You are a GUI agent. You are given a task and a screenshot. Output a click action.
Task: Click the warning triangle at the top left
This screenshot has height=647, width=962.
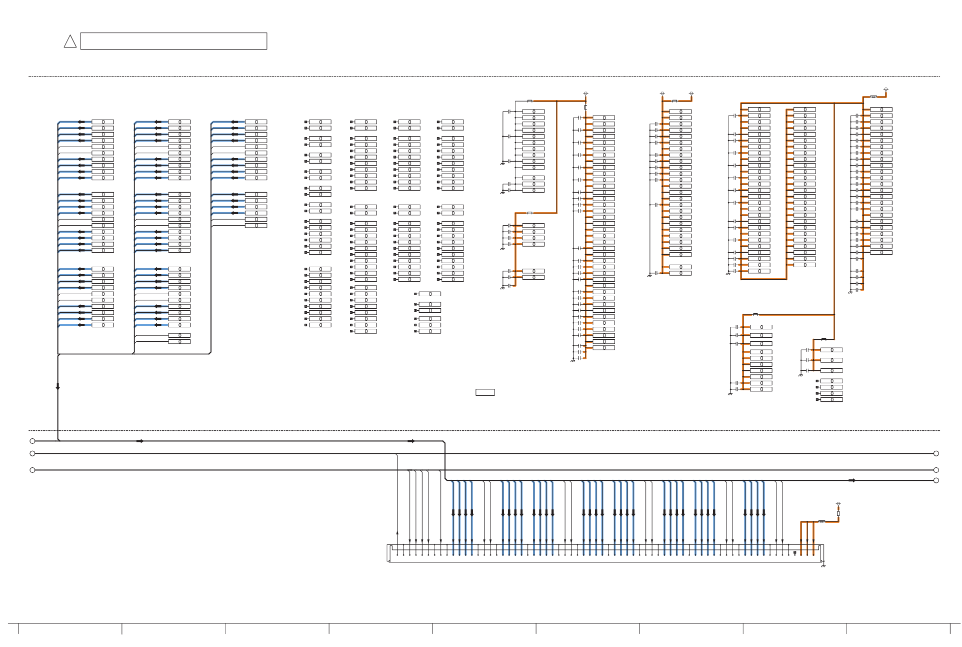coord(70,42)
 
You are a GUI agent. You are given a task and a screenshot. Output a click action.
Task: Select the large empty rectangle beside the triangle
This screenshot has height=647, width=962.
coord(173,41)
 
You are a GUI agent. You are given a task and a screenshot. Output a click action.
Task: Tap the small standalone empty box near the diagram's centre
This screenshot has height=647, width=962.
coord(485,392)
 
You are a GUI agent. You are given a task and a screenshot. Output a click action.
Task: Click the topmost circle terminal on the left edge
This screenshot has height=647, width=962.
coord(32,441)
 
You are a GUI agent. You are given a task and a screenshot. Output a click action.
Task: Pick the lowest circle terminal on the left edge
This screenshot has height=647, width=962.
coord(32,470)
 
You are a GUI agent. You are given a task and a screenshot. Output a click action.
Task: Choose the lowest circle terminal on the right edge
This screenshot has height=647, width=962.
coord(936,480)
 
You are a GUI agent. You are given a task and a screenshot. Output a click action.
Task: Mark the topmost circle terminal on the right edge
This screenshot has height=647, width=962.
coord(936,453)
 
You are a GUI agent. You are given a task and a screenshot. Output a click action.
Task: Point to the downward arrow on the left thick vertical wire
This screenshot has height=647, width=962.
coord(58,386)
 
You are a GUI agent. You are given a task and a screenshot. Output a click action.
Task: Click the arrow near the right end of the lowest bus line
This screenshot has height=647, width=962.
coord(852,480)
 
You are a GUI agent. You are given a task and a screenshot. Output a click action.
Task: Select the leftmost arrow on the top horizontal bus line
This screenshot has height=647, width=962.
coord(140,441)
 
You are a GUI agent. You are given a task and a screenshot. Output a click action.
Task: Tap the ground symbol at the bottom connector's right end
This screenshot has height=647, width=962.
coord(823,565)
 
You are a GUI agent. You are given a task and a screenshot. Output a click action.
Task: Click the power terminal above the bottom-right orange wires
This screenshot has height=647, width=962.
coord(838,504)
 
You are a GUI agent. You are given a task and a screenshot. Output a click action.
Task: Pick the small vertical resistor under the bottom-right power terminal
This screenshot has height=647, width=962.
coord(838,513)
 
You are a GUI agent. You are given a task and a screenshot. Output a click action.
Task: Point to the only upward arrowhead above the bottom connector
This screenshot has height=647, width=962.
coord(397,533)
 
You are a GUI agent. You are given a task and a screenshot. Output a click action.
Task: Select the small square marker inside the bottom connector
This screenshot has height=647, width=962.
coord(795,552)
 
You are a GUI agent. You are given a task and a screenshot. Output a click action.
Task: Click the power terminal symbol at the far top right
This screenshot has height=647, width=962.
coord(886,90)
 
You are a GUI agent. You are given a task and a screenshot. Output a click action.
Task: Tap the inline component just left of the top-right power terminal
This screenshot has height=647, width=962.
coord(873,97)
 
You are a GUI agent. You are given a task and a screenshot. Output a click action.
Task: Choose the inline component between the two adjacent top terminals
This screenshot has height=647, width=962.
coord(674,101)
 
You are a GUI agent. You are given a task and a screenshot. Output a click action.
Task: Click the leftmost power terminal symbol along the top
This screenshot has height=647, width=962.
coord(586,94)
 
